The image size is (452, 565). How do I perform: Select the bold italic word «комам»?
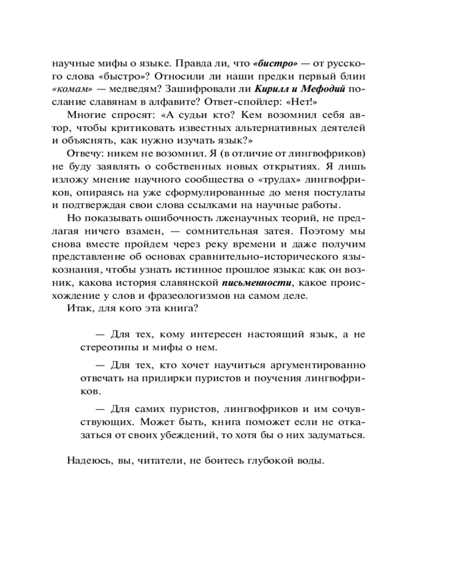(72, 90)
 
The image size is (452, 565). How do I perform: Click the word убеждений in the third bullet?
(210, 435)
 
